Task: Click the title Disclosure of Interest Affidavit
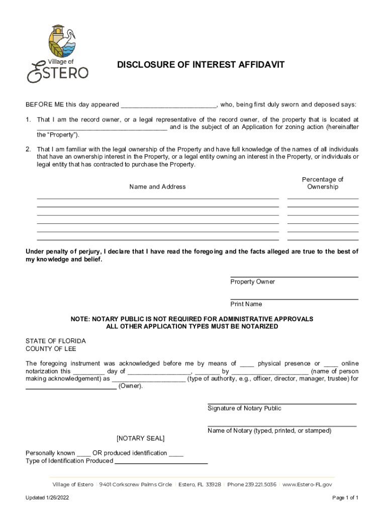[x=201, y=65]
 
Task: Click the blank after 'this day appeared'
[x=168, y=105]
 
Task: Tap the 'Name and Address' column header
[x=157, y=187]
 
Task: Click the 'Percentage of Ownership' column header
[x=323, y=183]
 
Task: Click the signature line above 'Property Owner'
[x=294, y=277]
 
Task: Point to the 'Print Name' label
[x=246, y=304]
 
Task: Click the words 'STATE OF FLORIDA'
[x=56, y=341]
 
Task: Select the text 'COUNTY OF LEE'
[x=51, y=349]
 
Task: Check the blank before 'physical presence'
[x=247, y=364]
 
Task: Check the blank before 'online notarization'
[x=331, y=364]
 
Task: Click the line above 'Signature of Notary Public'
[x=282, y=404]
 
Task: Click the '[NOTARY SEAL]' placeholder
[x=140, y=438]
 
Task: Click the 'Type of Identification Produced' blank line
[x=161, y=462]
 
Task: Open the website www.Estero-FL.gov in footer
[x=307, y=485]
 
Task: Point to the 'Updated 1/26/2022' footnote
[x=49, y=498]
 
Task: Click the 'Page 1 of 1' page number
[x=345, y=498]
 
